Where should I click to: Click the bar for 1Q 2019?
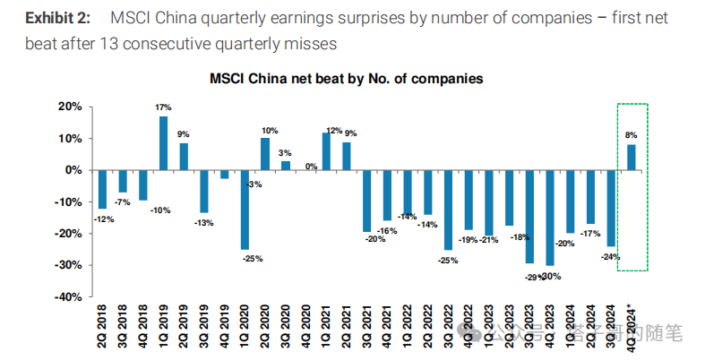(164, 142)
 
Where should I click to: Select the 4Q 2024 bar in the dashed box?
(632, 157)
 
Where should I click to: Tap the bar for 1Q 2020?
(245, 210)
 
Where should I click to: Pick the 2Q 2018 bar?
(103, 189)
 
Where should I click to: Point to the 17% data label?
(163, 108)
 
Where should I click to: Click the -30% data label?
(551, 276)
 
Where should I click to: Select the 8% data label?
(632, 135)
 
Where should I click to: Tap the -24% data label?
(612, 255)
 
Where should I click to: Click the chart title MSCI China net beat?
(346, 79)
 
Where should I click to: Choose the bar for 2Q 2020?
(265, 153)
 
